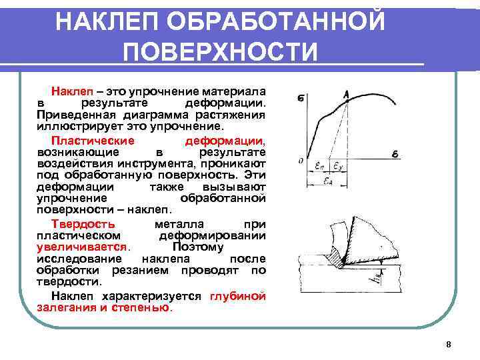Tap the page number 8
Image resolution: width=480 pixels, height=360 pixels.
448,345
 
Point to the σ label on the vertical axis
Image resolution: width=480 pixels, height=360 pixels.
302,99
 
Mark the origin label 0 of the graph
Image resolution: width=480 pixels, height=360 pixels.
301,160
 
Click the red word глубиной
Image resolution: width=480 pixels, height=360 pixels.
237,297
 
